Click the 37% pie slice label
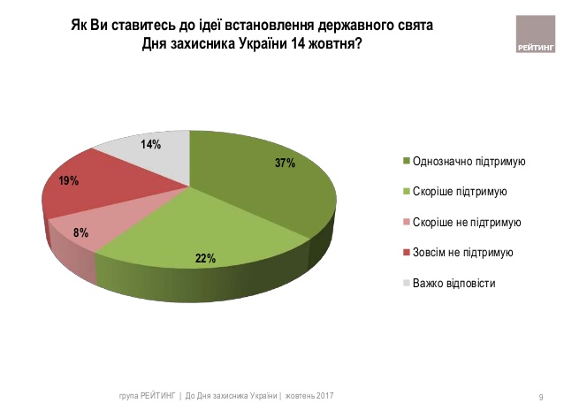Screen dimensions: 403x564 pyautogui.click(x=283, y=163)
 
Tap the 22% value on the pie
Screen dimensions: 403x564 pyautogui.click(x=206, y=258)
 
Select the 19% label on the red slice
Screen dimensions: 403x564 pyautogui.click(x=68, y=181)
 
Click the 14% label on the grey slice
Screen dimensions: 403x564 pyautogui.click(x=149, y=144)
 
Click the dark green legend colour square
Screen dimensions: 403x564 pyautogui.click(x=406, y=162)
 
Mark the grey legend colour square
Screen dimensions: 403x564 pyautogui.click(x=406, y=283)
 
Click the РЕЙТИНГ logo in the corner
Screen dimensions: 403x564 pyautogui.click(x=534, y=36)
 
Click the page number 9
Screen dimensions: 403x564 pyautogui.click(x=541, y=394)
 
